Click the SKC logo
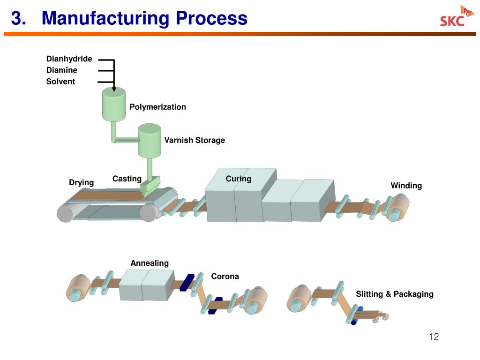[x=457, y=16]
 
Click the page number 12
[x=434, y=337]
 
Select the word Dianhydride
[x=69, y=59]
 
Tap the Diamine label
[x=62, y=70]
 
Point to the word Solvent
[x=60, y=82]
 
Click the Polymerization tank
[x=114, y=104]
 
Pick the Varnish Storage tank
[x=150, y=141]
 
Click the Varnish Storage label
[x=195, y=140]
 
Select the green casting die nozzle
[x=150, y=184]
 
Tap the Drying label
[x=82, y=182]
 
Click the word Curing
[x=239, y=179]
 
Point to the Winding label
[x=406, y=186]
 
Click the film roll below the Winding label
[x=397, y=208]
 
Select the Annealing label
[x=150, y=263]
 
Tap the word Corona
[x=225, y=277]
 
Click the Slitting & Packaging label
[x=395, y=294]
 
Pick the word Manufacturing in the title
[x=105, y=18]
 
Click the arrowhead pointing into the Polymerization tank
[x=114, y=89]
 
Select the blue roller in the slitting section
[x=357, y=315]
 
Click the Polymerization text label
[x=157, y=107]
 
